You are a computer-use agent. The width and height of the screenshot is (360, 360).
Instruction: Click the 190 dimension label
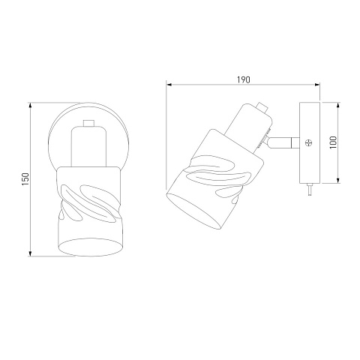(243, 79)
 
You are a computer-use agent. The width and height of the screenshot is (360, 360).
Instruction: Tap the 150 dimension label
(25, 179)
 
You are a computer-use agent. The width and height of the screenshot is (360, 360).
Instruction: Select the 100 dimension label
(333, 142)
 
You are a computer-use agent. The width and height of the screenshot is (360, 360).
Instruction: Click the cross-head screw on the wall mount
(309, 143)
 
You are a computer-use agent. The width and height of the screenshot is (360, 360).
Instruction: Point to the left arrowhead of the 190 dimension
(169, 85)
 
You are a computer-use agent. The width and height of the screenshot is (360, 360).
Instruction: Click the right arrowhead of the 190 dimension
(317, 85)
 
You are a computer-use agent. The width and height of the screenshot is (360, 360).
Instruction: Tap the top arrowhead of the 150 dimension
(30, 105)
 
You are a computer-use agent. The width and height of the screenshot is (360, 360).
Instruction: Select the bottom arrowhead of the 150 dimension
(30, 253)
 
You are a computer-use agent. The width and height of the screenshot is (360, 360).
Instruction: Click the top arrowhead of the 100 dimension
(338, 105)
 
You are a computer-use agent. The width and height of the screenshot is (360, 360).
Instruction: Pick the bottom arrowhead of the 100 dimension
(338, 180)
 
